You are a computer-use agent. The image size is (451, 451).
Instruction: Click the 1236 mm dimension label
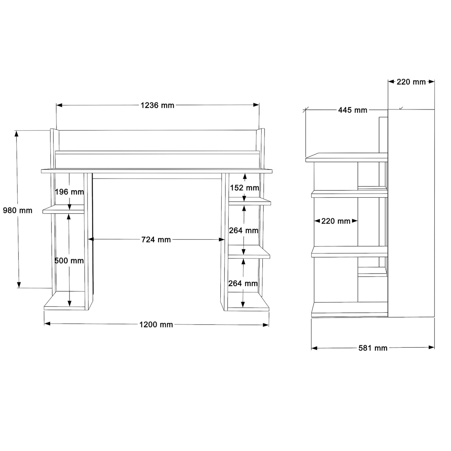tap(157, 105)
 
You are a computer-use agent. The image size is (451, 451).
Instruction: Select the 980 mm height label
tap(17, 210)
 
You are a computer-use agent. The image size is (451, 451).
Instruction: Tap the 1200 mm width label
tap(156, 324)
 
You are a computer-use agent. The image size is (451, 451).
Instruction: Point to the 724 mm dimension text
tap(156, 239)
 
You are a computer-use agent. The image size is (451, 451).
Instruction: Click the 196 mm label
tap(69, 192)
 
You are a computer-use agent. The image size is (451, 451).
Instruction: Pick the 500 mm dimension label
tap(69, 261)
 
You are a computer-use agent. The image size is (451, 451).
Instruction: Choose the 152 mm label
tap(244, 188)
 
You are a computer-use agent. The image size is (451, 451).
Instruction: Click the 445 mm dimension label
tap(352, 110)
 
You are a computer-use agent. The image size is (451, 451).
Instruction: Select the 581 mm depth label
tap(373, 348)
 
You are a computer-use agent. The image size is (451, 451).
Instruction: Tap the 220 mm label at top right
tap(411, 82)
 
